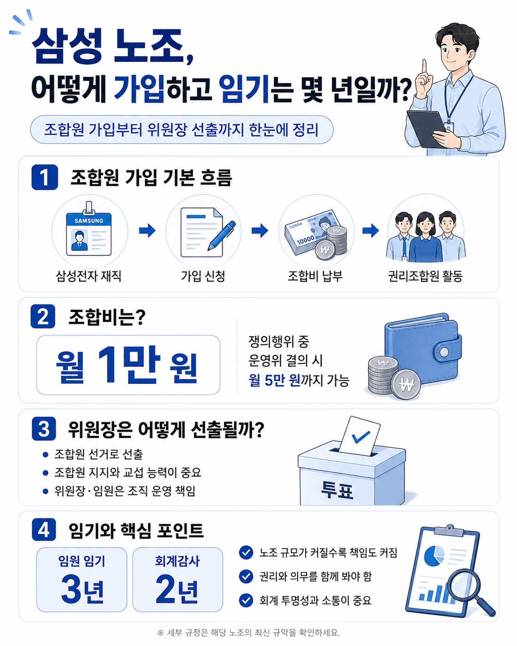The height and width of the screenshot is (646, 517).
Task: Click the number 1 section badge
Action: pyautogui.click(x=44, y=177)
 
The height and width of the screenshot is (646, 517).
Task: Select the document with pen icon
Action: pyautogui.click(x=207, y=232)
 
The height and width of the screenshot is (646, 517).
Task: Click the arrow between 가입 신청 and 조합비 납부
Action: pyautogui.click(x=260, y=230)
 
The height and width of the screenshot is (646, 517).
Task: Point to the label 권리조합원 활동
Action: pyautogui.click(x=425, y=276)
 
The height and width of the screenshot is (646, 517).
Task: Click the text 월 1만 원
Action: pyautogui.click(x=127, y=365)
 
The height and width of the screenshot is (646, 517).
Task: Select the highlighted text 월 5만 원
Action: pyautogui.click(x=274, y=381)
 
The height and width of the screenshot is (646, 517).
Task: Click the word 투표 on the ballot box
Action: pyautogui.click(x=337, y=490)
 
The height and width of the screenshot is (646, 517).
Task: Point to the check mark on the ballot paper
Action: pyautogui.click(x=361, y=437)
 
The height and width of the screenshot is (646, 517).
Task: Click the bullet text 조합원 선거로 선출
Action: pyautogui.click(x=99, y=454)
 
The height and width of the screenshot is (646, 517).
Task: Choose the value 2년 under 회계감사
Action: pyautogui.click(x=177, y=590)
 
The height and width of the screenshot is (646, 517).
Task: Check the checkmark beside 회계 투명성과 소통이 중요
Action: pyautogui.click(x=246, y=600)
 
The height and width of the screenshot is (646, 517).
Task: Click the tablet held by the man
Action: pyautogui.click(x=427, y=129)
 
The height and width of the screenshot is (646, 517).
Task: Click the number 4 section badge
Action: pyautogui.click(x=44, y=529)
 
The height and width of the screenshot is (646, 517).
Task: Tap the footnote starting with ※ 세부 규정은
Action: pyautogui.click(x=248, y=633)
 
